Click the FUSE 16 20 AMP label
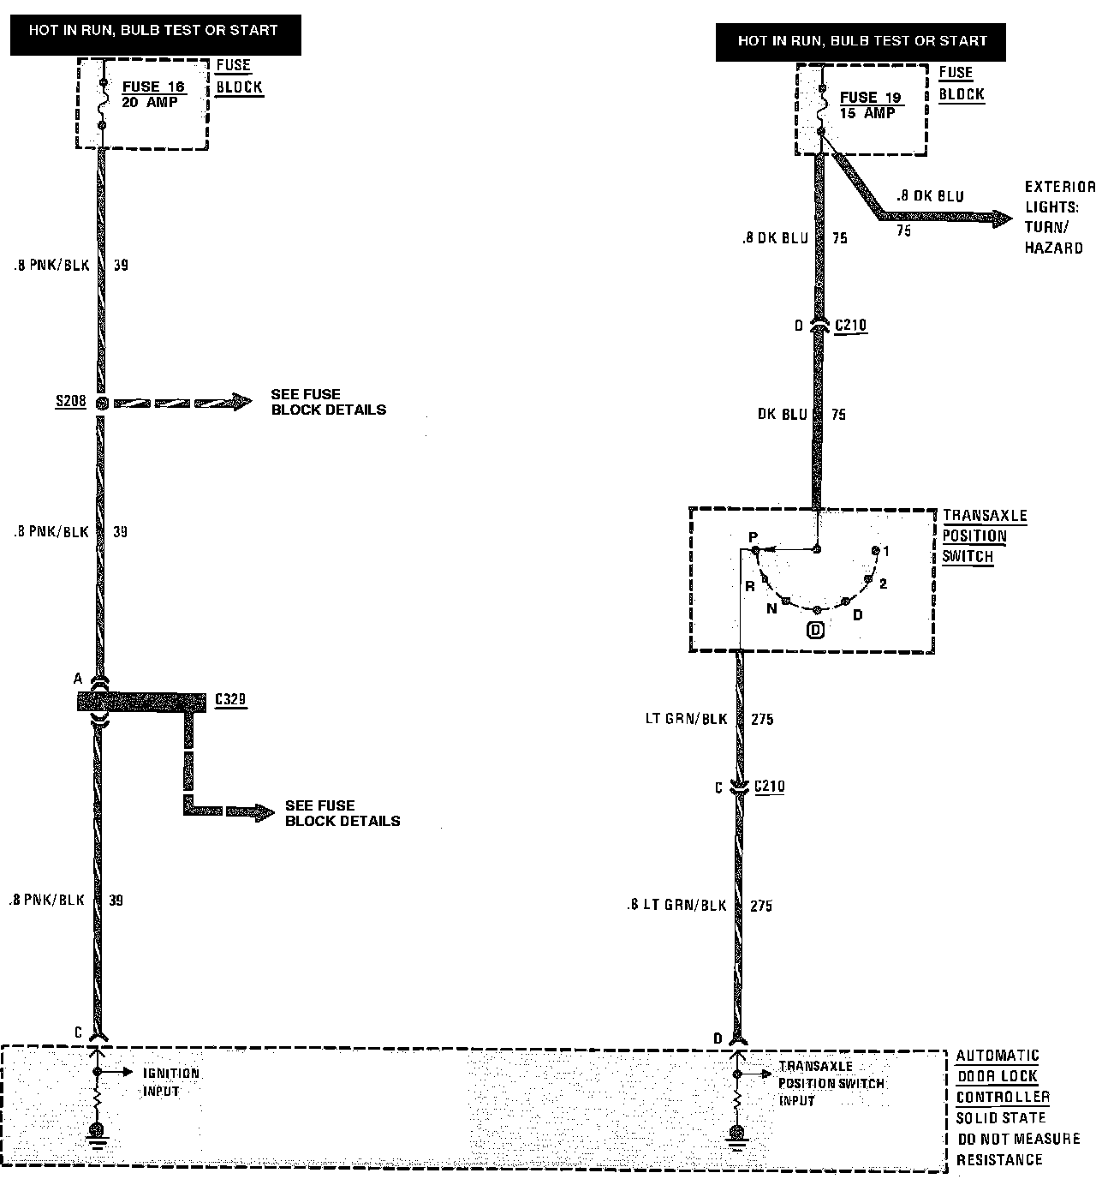(153, 93)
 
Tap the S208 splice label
(70, 401)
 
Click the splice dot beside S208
(102, 403)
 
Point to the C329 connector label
(229, 700)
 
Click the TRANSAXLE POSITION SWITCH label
(983, 536)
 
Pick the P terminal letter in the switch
(753, 537)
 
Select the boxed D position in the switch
(816, 631)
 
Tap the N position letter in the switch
(771, 608)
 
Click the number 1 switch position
(885, 552)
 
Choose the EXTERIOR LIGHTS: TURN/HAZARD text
(1058, 217)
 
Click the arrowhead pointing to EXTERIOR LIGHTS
(1002, 218)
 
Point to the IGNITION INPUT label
(170, 1081)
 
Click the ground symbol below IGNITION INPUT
(98, 1134)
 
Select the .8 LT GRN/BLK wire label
(676, 906)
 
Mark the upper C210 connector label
(850, 326)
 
